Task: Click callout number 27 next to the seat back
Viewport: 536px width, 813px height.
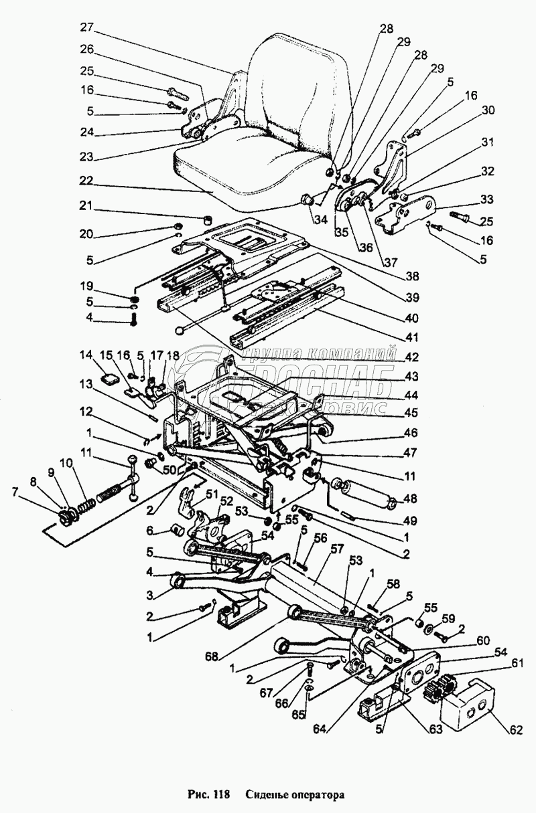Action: (86, 27)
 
